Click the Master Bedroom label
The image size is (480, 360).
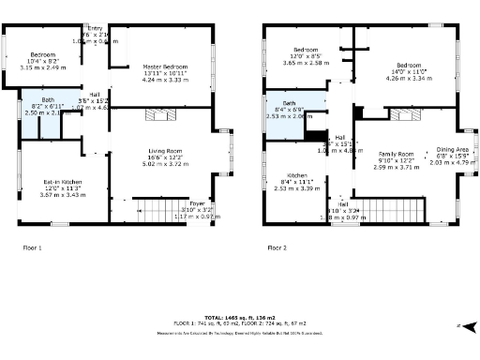164,67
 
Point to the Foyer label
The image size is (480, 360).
197,202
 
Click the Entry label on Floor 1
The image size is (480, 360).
95,28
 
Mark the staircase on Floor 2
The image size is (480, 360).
384,210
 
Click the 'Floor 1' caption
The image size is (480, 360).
33,247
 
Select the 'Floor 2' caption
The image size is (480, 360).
277,247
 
